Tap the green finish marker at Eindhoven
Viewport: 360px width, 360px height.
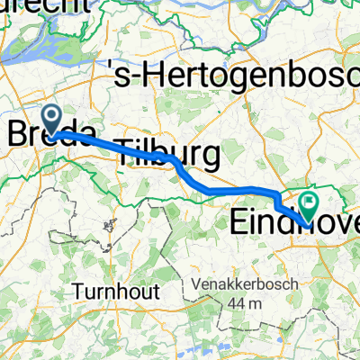[x=309, y=206]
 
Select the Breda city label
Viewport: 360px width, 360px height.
[x=50, y=135]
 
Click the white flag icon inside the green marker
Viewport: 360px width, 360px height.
[x=310, y=204]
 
